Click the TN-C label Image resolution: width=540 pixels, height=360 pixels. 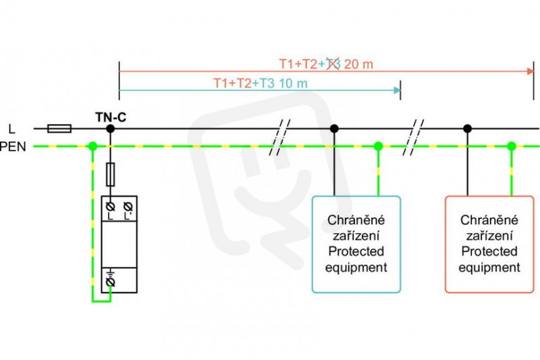coord(111,117)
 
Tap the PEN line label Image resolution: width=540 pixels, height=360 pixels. coord(13,147)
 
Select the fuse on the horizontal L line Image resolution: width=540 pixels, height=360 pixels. coord(59,128)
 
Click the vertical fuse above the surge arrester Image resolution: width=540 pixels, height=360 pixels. coord(110,174)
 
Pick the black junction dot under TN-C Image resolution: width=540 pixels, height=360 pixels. coord(110,128)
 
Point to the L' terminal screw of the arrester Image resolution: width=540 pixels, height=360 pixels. coord(128,207)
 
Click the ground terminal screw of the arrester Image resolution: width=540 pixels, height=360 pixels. coord(110,282)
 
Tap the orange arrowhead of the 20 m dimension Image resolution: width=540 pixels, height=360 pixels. coord(531,72)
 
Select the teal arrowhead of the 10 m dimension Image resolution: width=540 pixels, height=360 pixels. coord(397,91)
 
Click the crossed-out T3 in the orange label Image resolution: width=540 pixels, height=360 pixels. coord(333,64)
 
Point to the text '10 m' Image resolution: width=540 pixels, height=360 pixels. coord(293,83)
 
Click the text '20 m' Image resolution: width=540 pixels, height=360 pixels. coord(358,64)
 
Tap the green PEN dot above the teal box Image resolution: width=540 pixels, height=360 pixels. coord(378,146)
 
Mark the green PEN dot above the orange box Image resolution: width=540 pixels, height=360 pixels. coord(512,146)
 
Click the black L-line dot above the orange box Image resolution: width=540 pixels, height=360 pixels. coord(467,128)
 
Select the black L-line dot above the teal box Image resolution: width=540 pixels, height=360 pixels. coord(334,128)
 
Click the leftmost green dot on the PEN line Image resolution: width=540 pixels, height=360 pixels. coord(92,146)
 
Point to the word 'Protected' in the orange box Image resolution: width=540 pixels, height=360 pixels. coord(489,251)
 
